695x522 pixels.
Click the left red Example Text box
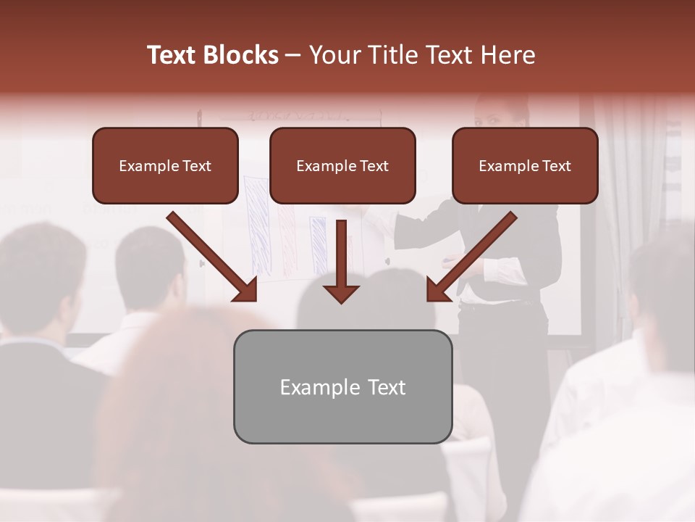pos(165,166)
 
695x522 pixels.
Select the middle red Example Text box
pos(342,166)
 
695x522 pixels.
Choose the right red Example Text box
pos(525,166)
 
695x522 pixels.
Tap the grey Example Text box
pos(342,386)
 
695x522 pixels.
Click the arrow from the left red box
pos(210,255)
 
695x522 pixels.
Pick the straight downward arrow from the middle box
pos(342,257)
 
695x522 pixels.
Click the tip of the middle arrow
pos(342,300)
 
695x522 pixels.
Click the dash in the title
pos(293,55)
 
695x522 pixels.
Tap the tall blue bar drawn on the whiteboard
pos(257,225)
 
